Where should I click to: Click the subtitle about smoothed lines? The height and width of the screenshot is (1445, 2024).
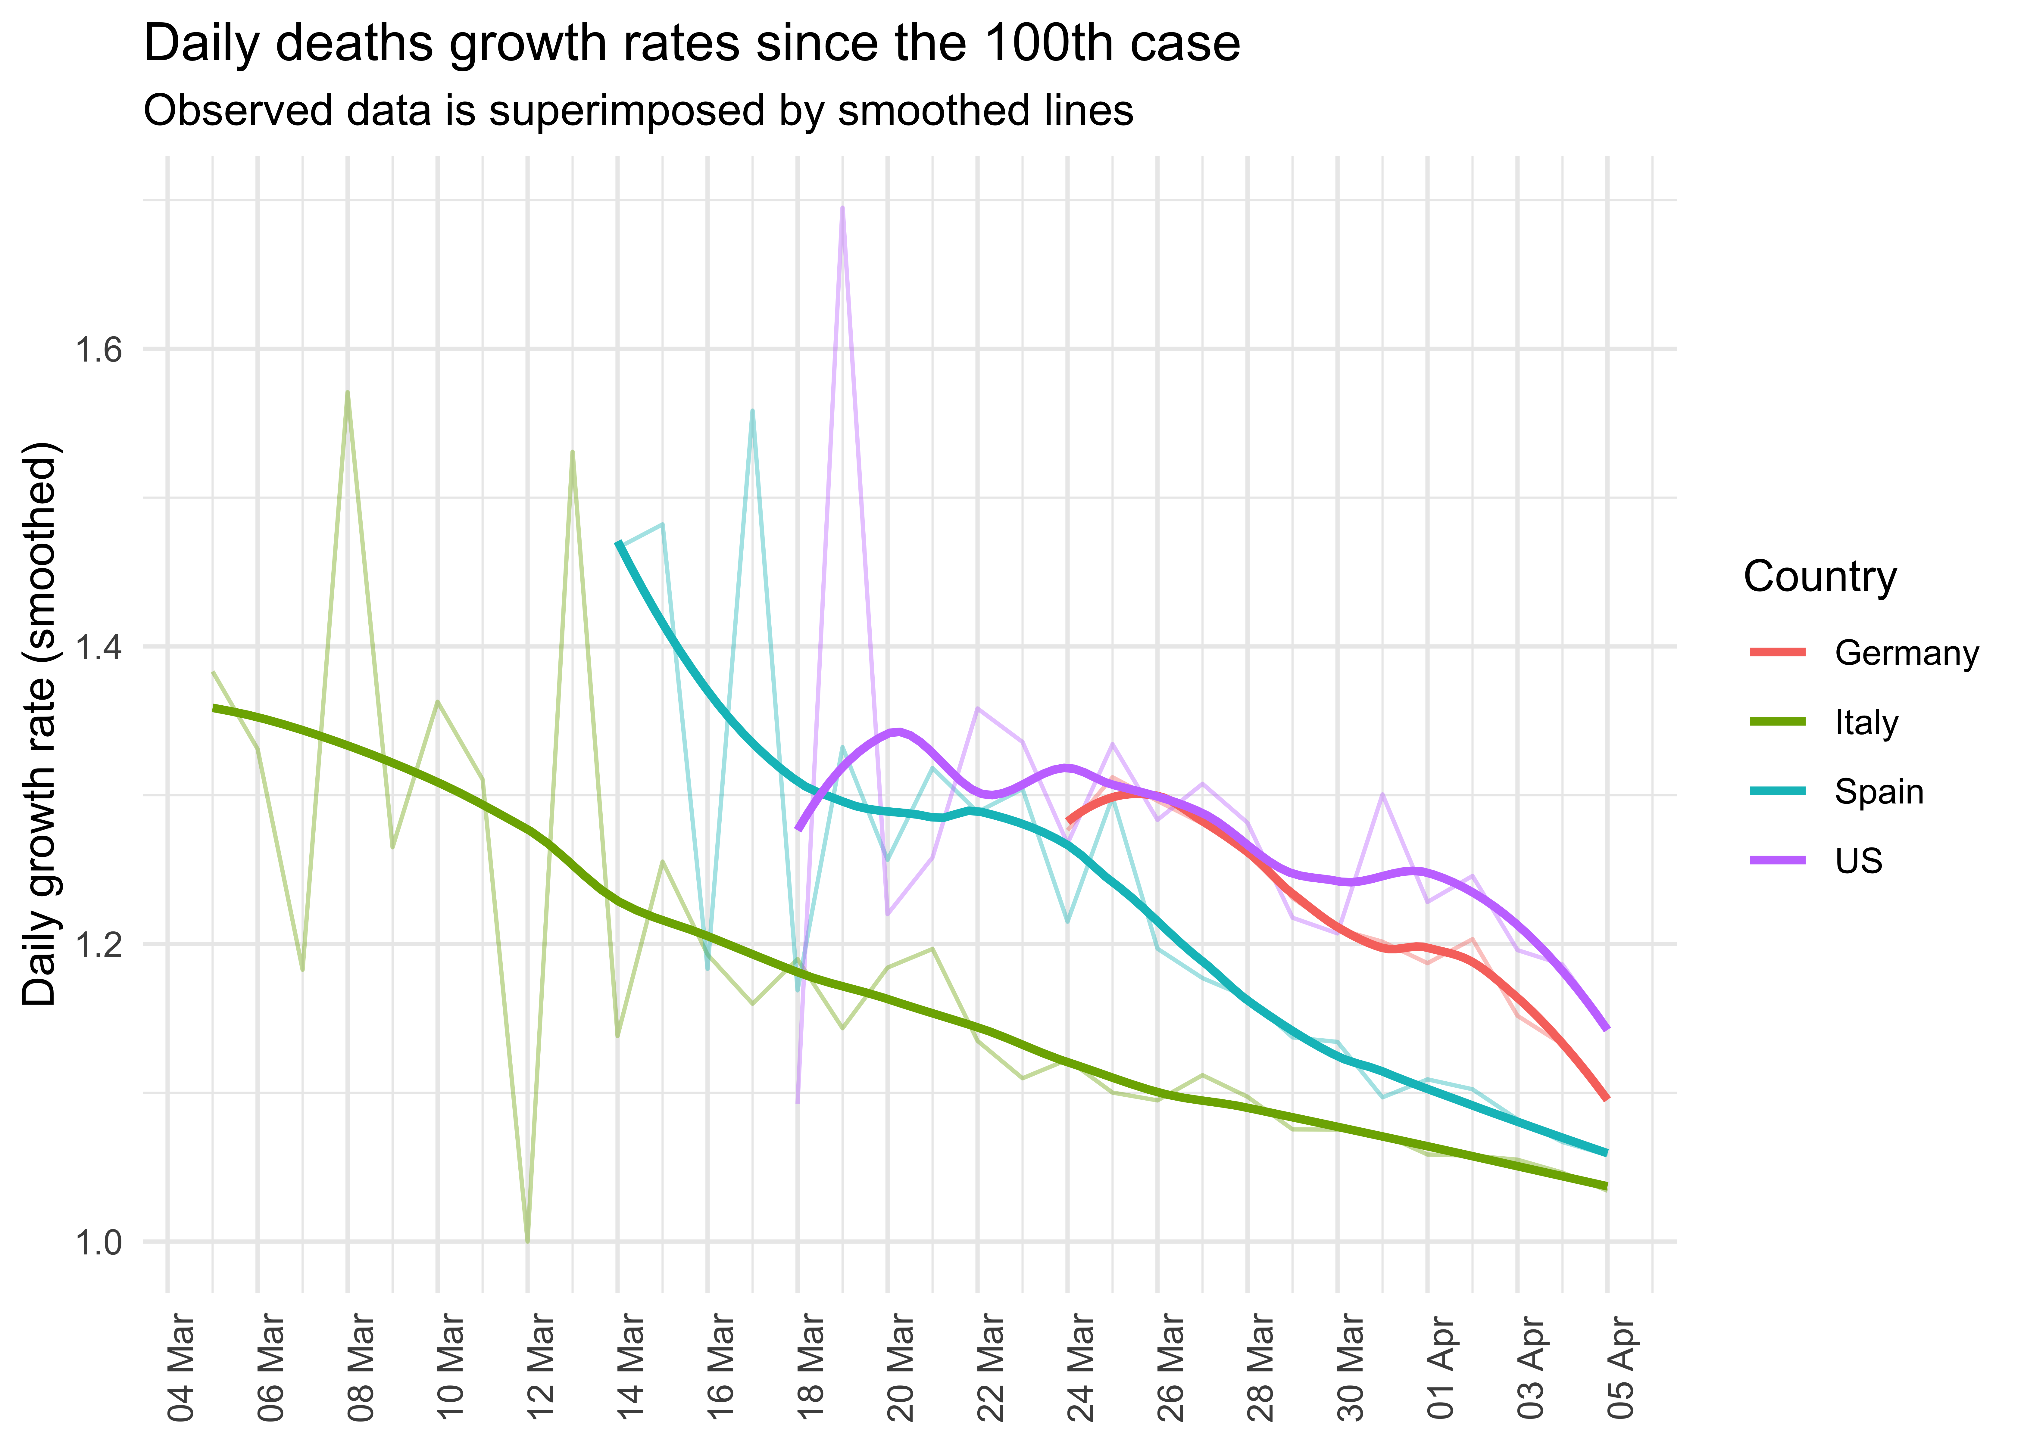point(638,111)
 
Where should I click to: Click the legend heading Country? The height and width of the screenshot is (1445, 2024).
point(1819,576)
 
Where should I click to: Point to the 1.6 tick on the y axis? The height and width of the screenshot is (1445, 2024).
point(98,350)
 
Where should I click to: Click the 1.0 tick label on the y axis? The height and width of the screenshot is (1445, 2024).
point(98,1242)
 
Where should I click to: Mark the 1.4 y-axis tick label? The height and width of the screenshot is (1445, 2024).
point(98,647)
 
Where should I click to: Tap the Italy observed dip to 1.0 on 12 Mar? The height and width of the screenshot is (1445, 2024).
point(528,1240)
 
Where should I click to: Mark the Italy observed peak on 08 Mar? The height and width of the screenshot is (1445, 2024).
point(347,392)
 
